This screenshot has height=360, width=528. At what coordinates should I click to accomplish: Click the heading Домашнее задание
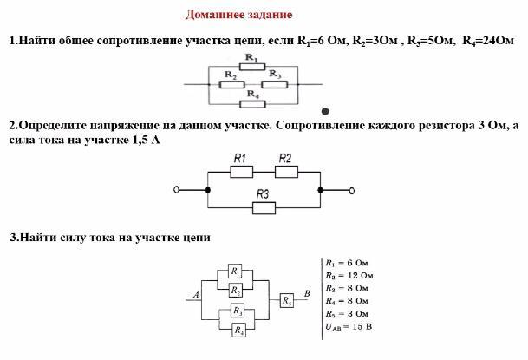(238, 15)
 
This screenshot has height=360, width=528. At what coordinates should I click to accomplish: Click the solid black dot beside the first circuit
(325, 111)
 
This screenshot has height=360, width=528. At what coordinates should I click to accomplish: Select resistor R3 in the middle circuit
(264, 207)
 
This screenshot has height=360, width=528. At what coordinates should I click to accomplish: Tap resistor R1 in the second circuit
(241, 171)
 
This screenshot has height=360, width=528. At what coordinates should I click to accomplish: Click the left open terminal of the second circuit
(177, 189)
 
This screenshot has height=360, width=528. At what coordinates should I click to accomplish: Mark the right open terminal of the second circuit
(352, 189)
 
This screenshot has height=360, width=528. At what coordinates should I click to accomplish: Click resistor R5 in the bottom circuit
(288, 299)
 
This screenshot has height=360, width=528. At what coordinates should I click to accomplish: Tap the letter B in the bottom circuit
(307, 293)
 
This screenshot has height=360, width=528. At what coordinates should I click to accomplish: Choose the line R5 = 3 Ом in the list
(346, 312)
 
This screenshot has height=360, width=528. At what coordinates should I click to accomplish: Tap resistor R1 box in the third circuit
(236, 272)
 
